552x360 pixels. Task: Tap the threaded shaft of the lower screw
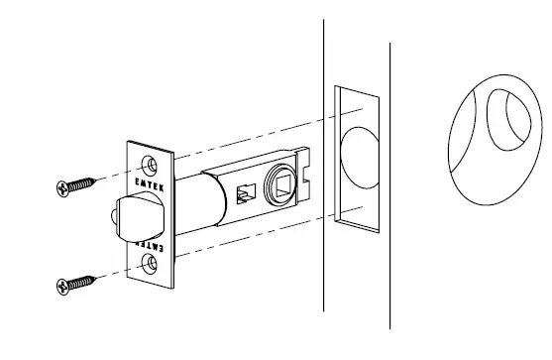(89, 283)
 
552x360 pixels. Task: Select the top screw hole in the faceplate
(151, 162)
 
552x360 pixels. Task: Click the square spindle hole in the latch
(278, 182)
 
